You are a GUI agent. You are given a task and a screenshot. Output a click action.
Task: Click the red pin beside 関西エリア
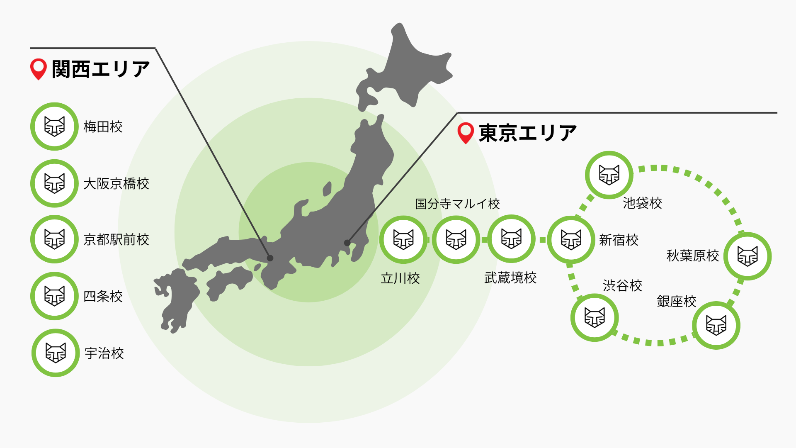click(39, 69)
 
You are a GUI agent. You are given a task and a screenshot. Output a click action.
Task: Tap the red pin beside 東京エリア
click(466, 133)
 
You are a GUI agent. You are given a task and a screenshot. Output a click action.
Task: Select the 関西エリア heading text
click(100, 69)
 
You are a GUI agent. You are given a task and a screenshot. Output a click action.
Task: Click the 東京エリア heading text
click(527, 133)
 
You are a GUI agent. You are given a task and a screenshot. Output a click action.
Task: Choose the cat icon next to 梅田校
click(54, 127)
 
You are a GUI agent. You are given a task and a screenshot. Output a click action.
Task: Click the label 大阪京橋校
click(116, 184)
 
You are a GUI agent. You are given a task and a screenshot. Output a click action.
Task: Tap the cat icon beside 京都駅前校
click(54, 239)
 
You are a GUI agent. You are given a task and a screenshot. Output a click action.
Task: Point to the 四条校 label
click(103, 297)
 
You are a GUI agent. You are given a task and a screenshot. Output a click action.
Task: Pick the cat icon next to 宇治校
click(56, 353)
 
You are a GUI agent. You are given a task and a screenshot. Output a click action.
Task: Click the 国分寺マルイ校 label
click(457, 204)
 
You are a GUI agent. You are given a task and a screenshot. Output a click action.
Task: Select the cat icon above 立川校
click(403, 239)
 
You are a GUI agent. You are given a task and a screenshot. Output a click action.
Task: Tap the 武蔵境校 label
click(510, 278)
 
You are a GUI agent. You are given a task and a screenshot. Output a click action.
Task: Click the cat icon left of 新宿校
click(571, 239)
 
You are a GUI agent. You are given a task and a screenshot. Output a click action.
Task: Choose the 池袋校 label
click(642, 203)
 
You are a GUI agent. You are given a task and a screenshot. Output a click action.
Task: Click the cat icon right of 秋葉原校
click(747, 256)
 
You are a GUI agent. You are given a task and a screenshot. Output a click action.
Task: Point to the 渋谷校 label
click(622, 285)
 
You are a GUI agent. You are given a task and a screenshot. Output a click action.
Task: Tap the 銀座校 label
click(676, 302)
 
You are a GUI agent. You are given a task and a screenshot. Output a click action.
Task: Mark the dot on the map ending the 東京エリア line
click(347, 243)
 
